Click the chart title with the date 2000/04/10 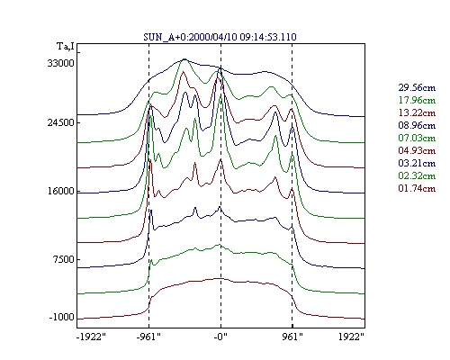(220, 37)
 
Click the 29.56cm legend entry (417, 87)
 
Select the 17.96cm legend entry (417, 100)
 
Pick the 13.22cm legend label (417, 112)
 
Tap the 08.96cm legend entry (417, 125)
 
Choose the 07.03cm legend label (417, 138)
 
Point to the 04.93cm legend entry (417, 150)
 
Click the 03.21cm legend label (417, 163)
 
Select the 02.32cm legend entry (417, 175)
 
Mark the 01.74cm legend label (417, 188)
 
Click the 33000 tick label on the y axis (60, 63)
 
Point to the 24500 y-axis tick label (60, 122)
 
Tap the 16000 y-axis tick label (60, 191)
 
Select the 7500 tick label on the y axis (63, 259)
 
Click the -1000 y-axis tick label (61, 317)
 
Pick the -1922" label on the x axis (91, 337)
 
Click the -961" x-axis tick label (148, 337)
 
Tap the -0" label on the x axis (220, 337)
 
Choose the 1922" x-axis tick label (352, 337)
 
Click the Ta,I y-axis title (66, 47)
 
